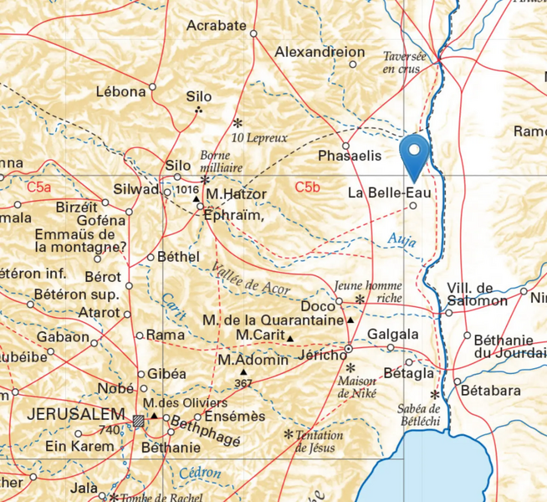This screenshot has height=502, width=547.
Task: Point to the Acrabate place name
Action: pyautogui.click(x=216, y=26)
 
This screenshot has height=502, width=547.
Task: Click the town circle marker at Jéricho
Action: pyautogui.click(x=349, y=348)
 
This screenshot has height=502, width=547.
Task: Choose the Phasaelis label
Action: pyautogui.click(x=350, y=156)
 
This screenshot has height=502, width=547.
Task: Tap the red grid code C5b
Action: pyautogui.click(x=307, y=187)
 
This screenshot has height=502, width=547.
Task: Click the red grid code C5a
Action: pyautogui.click(x=38, y=187)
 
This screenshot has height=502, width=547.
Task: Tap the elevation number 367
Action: pyautogui.click(x=243, y=383)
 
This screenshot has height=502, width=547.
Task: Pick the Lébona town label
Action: pyautogui.click(x=120, y=91)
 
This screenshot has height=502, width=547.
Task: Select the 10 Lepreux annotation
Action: pyautogui.click(x=259, y=136)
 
